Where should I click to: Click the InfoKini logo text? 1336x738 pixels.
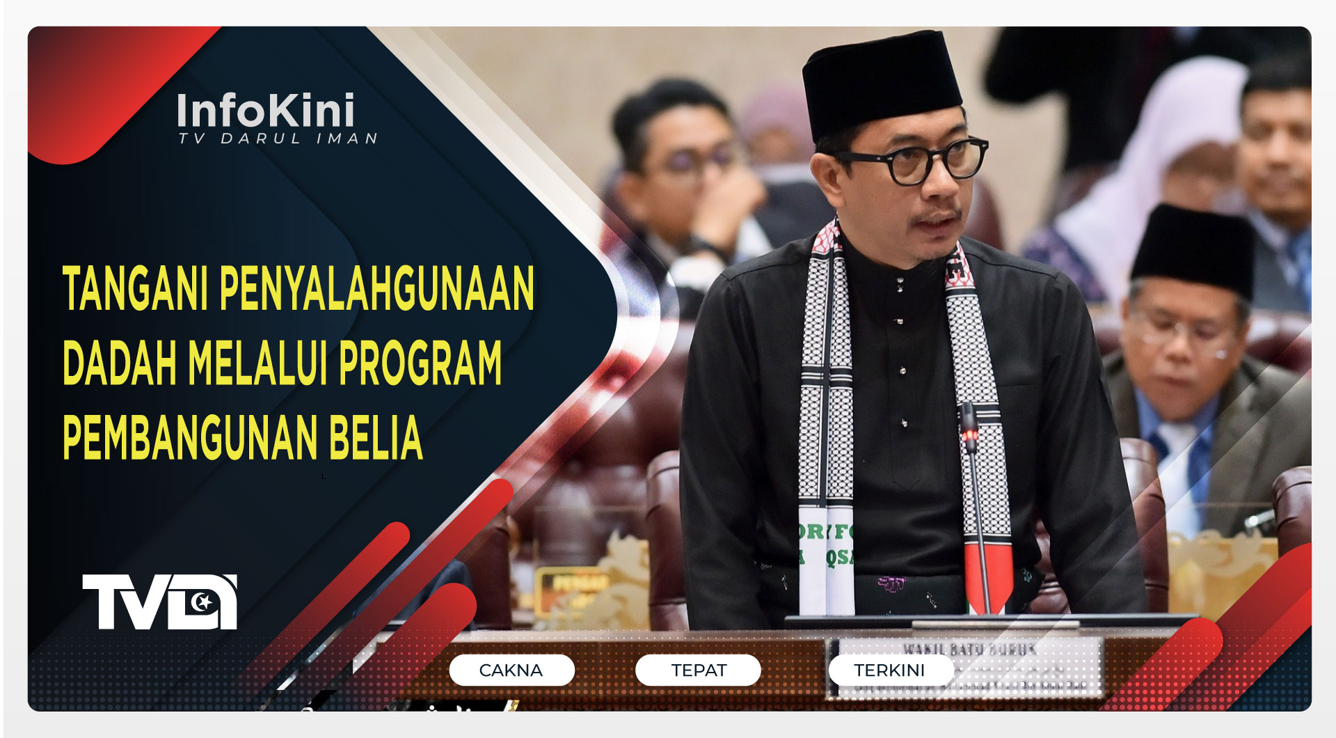266,110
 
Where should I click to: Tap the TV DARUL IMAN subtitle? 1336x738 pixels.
278,139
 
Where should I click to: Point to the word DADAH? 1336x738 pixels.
119,363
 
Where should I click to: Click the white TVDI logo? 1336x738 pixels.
160,602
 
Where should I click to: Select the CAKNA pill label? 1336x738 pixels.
511,670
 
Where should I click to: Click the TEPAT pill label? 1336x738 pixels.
698,670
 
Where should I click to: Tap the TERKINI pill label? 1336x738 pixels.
890,670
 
